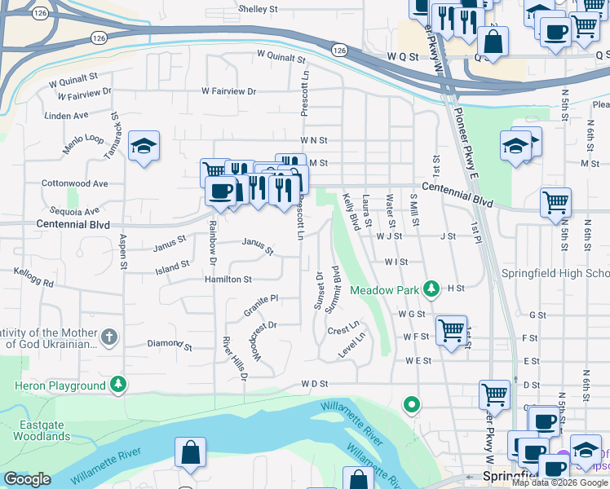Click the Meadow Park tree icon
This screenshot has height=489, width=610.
432,289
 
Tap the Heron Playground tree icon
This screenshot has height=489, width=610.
119,385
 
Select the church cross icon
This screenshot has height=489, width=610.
109,337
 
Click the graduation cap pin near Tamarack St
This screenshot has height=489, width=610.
144,146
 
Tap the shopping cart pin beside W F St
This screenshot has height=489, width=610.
451,330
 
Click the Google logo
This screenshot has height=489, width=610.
27,479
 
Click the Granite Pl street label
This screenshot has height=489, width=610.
261,306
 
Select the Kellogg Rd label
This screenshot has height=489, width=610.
33,277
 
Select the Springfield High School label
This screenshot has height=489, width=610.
555,273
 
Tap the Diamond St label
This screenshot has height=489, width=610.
170,346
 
